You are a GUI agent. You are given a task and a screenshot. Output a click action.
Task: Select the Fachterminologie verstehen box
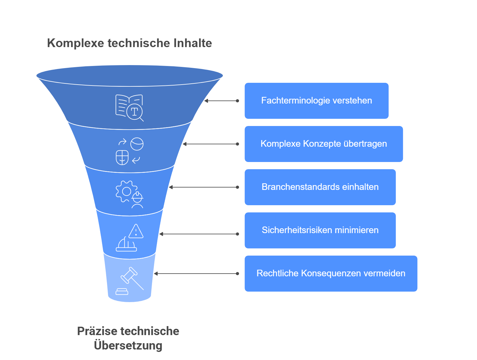click(316, 101)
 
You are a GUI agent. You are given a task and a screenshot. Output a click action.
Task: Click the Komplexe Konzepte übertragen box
click(323, 144)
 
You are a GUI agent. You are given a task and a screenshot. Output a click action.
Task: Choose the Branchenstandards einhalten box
click(320, 187)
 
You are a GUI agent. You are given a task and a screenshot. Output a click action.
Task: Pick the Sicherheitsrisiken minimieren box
click(320, 230)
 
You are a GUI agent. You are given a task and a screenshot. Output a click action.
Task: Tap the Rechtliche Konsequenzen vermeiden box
click(331, 274)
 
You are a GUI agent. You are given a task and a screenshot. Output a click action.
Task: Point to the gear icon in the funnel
click(126, 191)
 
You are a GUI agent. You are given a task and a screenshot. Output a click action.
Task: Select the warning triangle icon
click(136, 231)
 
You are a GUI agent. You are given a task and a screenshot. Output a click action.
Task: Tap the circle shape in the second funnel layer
click(137, 144)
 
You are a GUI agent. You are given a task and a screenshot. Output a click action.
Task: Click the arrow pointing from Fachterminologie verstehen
click(222, 101)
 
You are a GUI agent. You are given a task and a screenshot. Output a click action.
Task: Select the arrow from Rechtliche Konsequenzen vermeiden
click(196, 274)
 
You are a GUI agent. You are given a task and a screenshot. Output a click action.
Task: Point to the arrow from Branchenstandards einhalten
click(204, 187)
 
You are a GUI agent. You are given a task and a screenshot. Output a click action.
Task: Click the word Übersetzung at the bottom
click(128, 345)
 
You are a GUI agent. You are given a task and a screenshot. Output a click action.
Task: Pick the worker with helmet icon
click(137, 200)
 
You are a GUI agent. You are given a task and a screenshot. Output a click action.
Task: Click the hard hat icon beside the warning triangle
click(126, 244)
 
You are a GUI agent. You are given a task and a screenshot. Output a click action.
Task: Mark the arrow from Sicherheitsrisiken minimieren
click(199, 234)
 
